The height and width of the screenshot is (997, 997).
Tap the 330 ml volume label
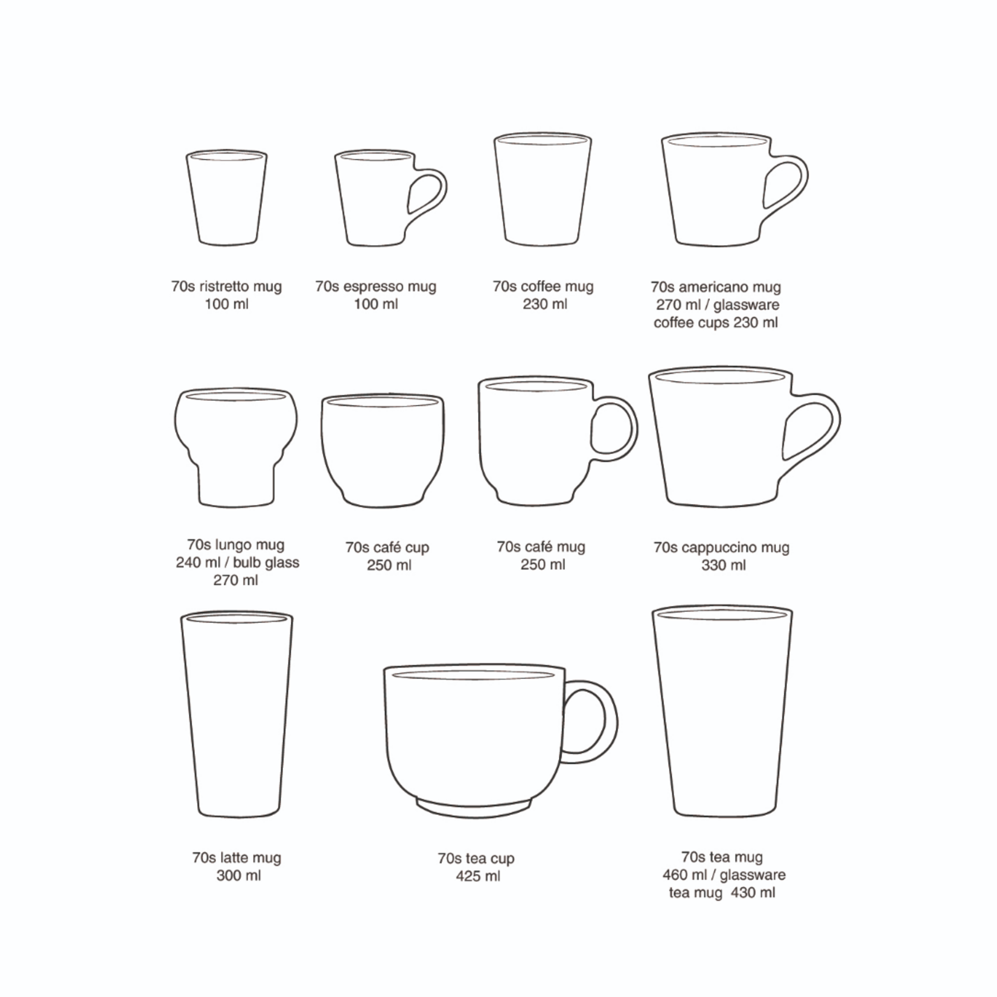[724, 565]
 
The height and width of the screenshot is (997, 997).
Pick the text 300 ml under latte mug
[238, 875]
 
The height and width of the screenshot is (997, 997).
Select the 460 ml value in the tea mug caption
[685, 874]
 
